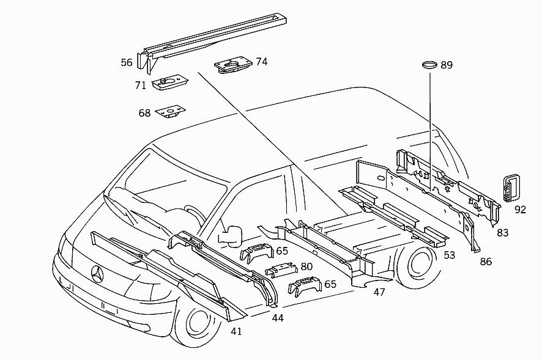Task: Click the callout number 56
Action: [127, 62]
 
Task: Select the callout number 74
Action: [262, 62]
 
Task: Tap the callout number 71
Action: [141, 85]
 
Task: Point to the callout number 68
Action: [144, 113]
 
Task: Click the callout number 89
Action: [447, 65]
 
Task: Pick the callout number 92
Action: [521, 210]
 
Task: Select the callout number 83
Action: [503, 232]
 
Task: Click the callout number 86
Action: [486, 261]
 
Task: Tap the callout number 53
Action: [449, 255]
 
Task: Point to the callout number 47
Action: [379, 292]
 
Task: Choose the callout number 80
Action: [306, 266]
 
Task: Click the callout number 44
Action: [278, 318]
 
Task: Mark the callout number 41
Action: [236, 331]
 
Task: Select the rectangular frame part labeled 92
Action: [510, 186]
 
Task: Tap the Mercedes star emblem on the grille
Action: [98, 274]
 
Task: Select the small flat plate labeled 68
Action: [170, 112]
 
